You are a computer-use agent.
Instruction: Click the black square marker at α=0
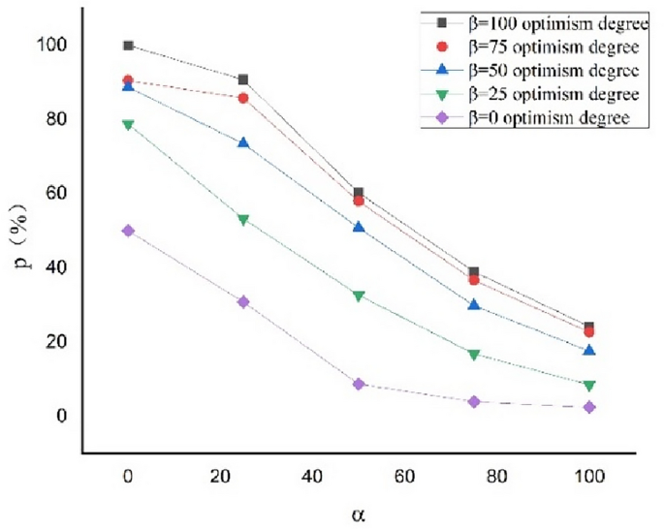pyautogui.click(x=128, y=46)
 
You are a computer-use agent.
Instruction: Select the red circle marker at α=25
pyautogui.click(x=243, y=98)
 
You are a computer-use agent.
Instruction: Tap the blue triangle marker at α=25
pyautogui.click(x=243, y=142)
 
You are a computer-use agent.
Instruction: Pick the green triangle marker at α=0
pyautogui.click(x=128, y=125)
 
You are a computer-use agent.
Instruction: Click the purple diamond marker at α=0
pyautogui.click(x=128, y=231)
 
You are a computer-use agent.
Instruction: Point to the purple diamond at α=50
pyautogui.click(x=359, y=385)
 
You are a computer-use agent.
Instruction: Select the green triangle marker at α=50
pyautogui.click(x=359, y=296)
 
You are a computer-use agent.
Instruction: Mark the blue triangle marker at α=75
pyautogui.click(x=474, y=304)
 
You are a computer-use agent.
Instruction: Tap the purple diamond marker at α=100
pyautogui.click(x=589, y=407)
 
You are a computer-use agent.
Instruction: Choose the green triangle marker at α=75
pyautogui.click(x=474, y=355)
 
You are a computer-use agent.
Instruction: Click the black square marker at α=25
pyautogui.click(x=243, y=79)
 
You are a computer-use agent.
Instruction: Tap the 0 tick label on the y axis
pyautogui.click(x=62, y=416)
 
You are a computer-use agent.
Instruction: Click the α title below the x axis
pyautogui.click(x=359, y=513)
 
